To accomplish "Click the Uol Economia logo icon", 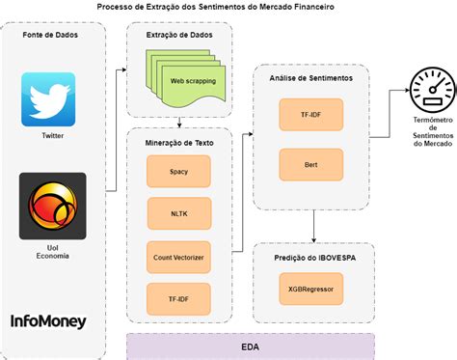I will click(x=53, y=207).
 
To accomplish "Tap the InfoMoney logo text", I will click(x=48, y=320).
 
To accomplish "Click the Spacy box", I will click(x=178, y=171).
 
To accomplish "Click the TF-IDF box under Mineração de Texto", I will click(x=178, y=299).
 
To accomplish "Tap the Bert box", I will click(x=310, y=165).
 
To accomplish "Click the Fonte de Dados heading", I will click(x=53, y=35).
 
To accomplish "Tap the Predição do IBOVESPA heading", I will click(x=309, y=260).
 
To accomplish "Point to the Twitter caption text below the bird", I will click(x=53, y=136).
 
